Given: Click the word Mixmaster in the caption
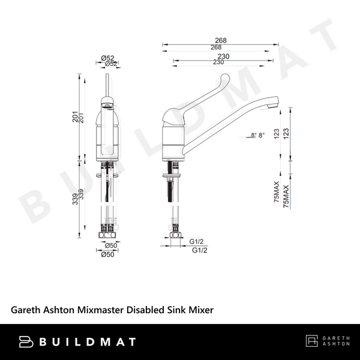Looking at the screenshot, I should click(98, 310).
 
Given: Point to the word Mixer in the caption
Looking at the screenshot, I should click(200, 310).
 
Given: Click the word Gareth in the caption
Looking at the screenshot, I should click(26, 310).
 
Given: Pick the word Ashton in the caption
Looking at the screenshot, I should click(59, 310).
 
